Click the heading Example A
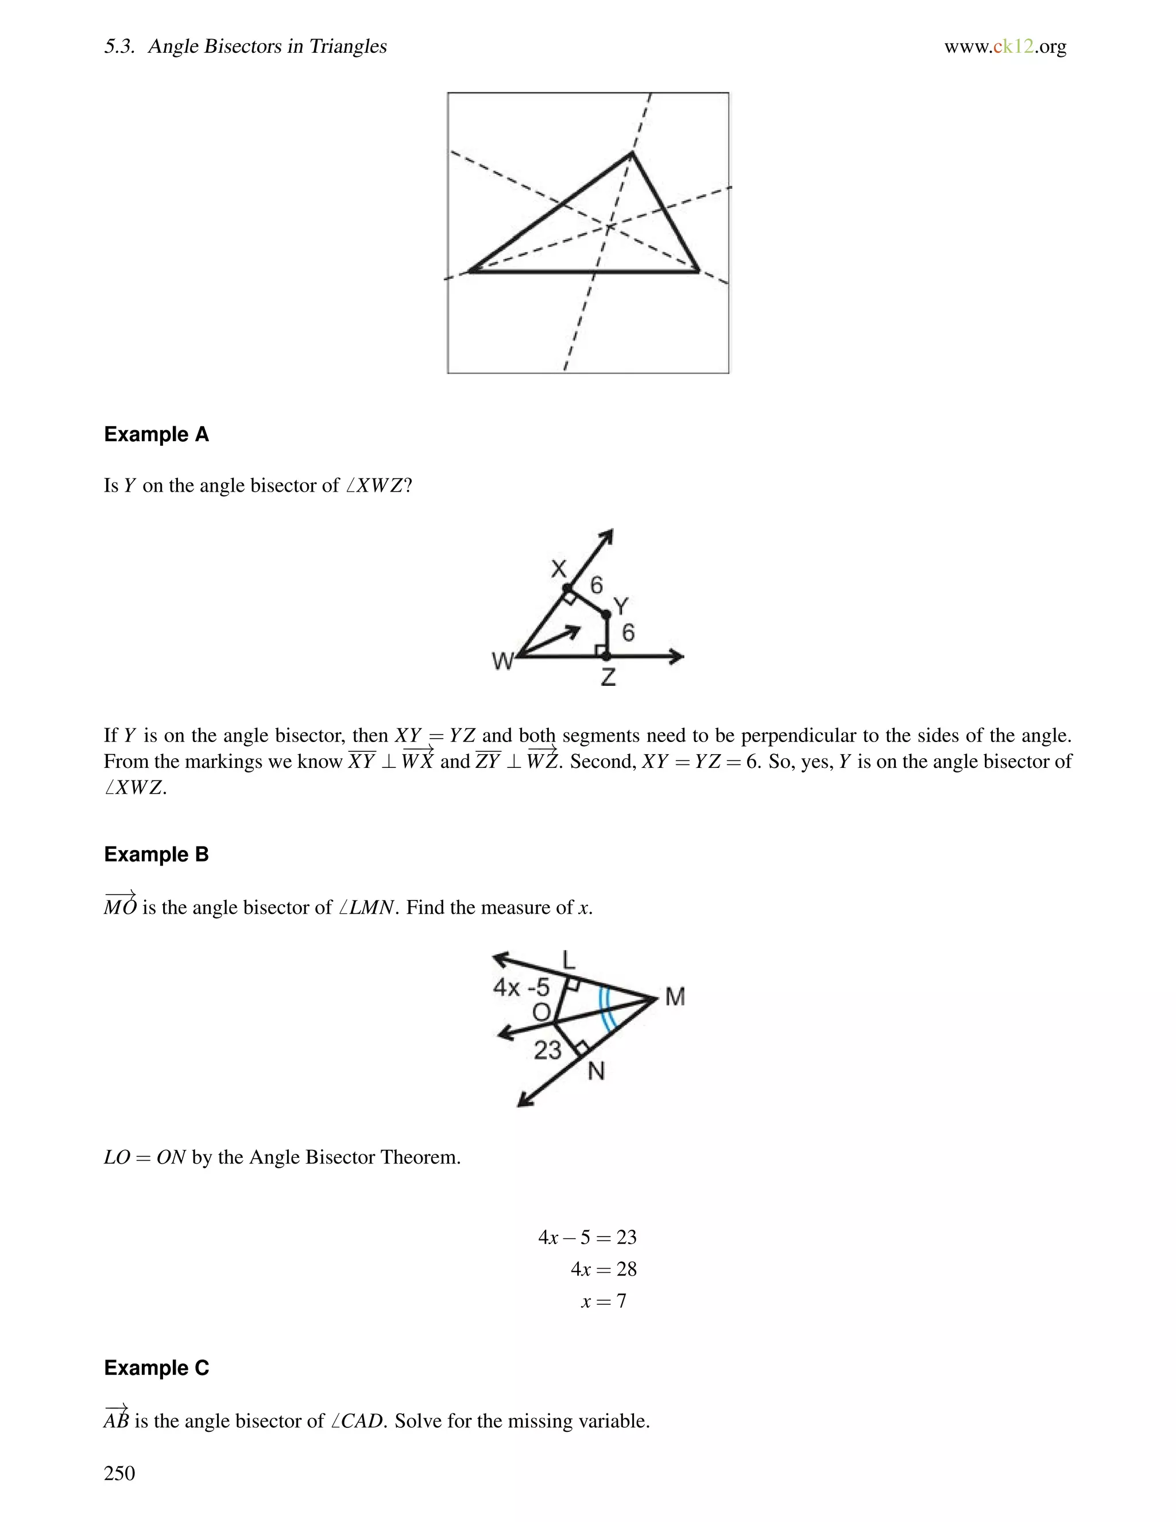(156, 434)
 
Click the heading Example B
(156, 855)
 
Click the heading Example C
(156, 1368)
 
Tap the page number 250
(119, 1473)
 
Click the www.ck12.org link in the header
(1005, 47)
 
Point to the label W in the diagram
(502, 660)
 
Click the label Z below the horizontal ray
(608, 677)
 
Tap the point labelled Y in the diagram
(605, 614)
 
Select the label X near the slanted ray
(559, 569)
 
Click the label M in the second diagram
(674, 997)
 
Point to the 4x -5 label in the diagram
(521, 987)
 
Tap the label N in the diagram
(595, 1071)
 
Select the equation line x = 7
(604, 1301)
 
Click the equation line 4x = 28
(604, 1269)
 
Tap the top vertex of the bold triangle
(632, 153)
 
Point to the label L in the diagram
(568, 960)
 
